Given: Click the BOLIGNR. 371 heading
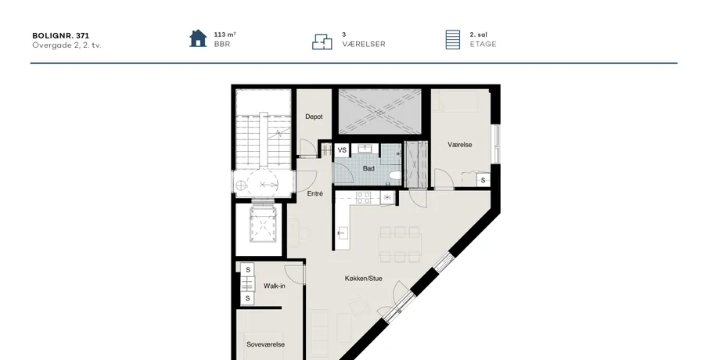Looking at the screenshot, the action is (x=61, y=36).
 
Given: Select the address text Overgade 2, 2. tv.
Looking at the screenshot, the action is (x=66, y=45).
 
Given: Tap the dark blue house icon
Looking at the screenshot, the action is (x=198, y=38).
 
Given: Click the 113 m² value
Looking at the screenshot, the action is (x=225, y=34).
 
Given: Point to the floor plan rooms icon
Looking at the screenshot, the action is (x=322, y=41).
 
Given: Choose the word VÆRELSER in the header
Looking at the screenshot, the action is (x=364, y=45).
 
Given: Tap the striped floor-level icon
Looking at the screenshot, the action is (x=452, y=40).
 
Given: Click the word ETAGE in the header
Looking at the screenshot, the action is (x=483, y=45).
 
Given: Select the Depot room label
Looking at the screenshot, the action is (x=314, y=117).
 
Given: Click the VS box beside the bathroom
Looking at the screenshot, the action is (x=342, y=150).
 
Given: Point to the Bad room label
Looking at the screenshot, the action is (x=368, y=168).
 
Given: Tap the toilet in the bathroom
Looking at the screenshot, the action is (x=394, y=176).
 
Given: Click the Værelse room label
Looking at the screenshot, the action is (x=460, y=145).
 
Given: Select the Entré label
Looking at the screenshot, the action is (x=314, y=194).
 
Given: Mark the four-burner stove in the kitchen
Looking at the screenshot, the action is (x=364, y=197).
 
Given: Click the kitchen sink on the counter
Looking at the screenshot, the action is (x=342, y=233).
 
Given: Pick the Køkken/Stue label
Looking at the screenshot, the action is (x=364, y=279).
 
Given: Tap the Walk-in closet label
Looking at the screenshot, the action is (x=274, y=286).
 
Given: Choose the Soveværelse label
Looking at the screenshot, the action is (x=265, y=344).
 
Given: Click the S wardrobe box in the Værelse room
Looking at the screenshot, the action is (x=483, y=180).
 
